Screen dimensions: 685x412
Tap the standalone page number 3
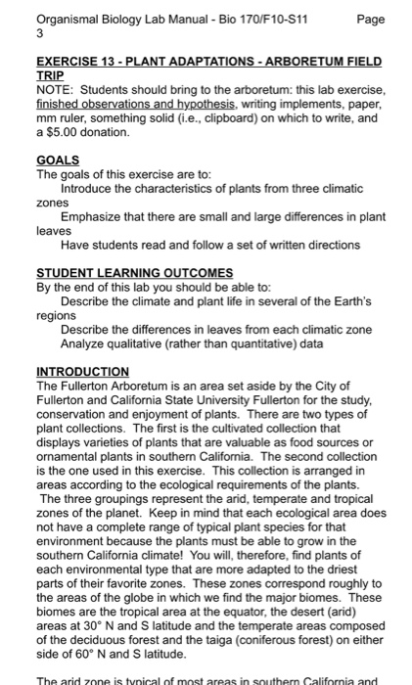click(39, 31)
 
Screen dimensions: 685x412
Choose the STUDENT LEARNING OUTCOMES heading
click(134, 273)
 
